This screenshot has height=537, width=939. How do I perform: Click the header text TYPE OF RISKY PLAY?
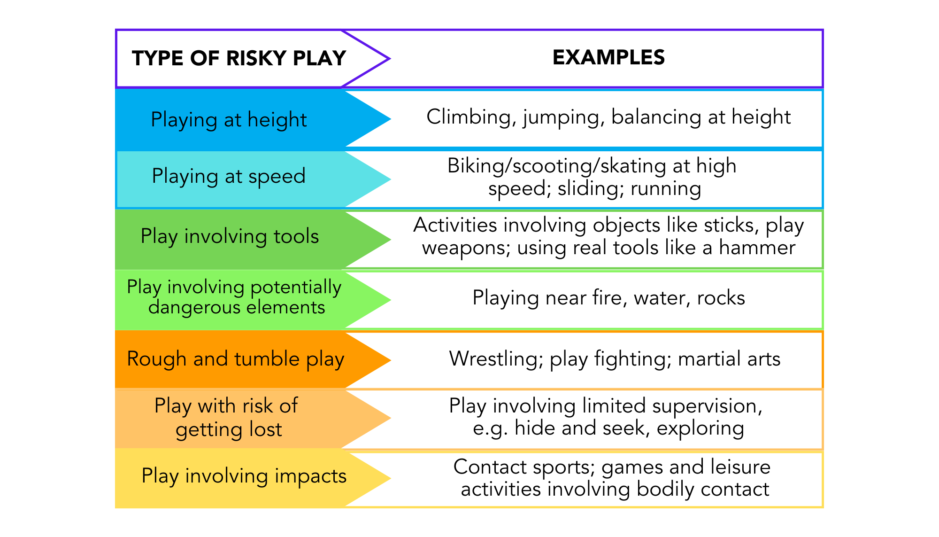[239, 58]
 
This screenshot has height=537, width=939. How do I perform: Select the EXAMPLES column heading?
[608, 57]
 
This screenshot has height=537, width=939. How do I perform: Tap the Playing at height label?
[229, 120]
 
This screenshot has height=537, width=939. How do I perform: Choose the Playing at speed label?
[229, 176]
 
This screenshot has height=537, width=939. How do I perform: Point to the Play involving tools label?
[230, 236]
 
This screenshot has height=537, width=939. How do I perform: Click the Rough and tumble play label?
[236, 359]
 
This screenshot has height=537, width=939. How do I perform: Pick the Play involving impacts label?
[244, 475]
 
